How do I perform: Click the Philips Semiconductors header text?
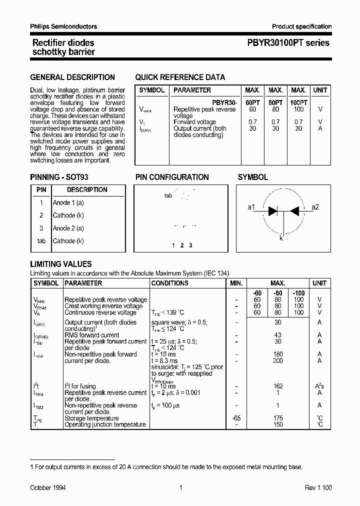[x=63, y=26]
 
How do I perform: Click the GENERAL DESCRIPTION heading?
[x=72, y=77]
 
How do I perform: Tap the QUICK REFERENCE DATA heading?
[x=180, y=77]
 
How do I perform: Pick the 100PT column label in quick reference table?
[x=298, y=102]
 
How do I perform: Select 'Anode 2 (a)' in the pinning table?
[x=68, y=228]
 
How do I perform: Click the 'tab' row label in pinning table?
[x=41, y=241]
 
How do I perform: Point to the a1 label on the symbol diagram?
[x=251, y=207]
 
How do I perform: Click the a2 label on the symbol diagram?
[x=315, y=207]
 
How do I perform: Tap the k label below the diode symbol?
[x=281, y=238]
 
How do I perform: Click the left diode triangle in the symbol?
[x=273, y=210]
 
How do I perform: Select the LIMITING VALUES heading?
[x=61, y=264]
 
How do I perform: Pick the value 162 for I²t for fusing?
[x=278, y=386]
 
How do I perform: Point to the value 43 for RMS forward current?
[x=278, y=335]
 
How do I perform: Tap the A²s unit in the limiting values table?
[x=319, y=386]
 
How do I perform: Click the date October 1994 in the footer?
[x=48, y=487]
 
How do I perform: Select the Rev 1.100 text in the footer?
[x=318, y=487]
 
